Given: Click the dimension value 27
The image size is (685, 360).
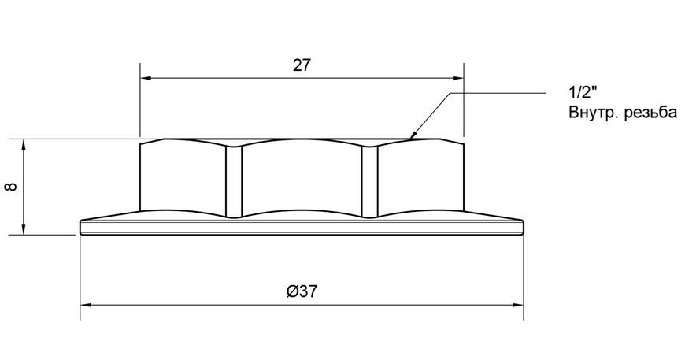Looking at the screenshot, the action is [302, 65].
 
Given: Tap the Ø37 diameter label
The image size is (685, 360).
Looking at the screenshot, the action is [302, 291].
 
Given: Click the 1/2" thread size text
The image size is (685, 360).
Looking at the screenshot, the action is [583, 93].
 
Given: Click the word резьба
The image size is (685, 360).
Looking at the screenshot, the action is [651, 113].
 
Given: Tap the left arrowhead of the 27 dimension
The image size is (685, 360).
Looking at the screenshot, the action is [146, 79].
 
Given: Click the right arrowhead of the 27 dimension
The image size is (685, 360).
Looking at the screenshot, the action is [457, 79].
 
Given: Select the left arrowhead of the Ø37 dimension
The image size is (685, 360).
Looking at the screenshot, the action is [86, 306].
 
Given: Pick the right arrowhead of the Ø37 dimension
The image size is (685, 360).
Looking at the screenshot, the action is [518, 306].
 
